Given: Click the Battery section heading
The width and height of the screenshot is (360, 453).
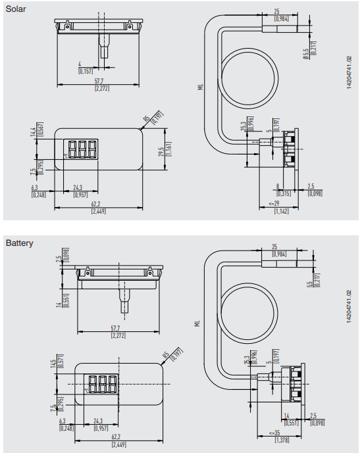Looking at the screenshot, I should click(19, 243).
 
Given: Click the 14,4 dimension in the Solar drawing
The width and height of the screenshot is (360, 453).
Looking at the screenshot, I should click(33, 132).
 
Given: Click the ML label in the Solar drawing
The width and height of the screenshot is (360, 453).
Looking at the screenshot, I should click(200, 85).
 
